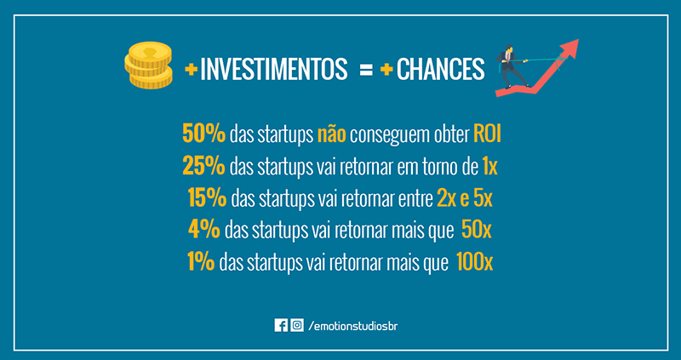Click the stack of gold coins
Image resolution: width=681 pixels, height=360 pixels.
point(148,65)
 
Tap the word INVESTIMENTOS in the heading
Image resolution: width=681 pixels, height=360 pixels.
point(273,69)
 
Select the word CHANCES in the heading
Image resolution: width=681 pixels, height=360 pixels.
point(440,69)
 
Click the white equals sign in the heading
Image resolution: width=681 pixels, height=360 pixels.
point(366,70)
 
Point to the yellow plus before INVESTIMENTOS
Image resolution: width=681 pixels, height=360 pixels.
point(191,70)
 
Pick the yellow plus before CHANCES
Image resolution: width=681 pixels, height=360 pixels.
point(387,70)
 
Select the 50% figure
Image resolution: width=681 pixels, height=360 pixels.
point(203,134)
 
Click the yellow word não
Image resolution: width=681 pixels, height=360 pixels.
point(331,134)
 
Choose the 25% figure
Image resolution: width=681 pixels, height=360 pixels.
point(203,166)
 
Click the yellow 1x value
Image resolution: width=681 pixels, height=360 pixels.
point(490,167)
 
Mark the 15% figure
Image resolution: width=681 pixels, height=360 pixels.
point(207,198)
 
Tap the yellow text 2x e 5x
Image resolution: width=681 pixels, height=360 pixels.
point(465,198)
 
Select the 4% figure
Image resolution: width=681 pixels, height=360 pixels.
point(204,230)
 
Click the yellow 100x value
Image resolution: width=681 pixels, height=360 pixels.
point(475,262)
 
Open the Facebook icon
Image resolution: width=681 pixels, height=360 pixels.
point(281,325)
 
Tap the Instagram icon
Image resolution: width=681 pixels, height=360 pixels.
point(297,325)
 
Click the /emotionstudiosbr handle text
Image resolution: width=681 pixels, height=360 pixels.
point(352,326)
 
